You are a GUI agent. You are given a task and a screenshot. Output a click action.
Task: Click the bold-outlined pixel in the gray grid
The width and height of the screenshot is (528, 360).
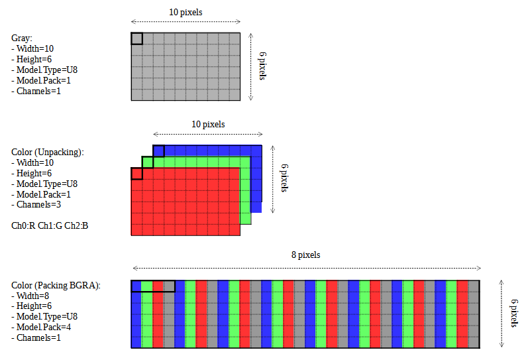(137, 38)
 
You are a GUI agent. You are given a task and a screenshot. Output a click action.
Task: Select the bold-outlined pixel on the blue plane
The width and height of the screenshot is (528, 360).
(159, 151)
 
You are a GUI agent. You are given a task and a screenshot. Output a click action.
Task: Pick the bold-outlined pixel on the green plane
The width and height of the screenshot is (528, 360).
(148, 162)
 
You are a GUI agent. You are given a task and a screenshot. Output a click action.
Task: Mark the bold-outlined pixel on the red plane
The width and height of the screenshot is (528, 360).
(137, 174)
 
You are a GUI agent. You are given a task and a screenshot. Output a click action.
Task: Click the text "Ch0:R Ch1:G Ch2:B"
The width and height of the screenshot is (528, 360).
(50, 226)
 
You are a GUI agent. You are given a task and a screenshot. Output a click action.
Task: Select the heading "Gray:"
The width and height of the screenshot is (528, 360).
(22, 38)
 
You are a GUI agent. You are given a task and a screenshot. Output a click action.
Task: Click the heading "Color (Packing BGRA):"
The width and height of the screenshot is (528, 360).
(56, 285)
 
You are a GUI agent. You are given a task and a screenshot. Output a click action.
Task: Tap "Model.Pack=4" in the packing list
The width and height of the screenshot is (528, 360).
(43, 328)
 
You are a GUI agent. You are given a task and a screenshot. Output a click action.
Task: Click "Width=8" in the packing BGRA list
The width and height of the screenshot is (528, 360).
(34, 296)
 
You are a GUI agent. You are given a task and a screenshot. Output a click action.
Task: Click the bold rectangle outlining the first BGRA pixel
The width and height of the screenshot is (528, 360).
(153, 286)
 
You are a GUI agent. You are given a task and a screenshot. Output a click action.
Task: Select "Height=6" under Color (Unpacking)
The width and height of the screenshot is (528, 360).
(34, 173)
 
